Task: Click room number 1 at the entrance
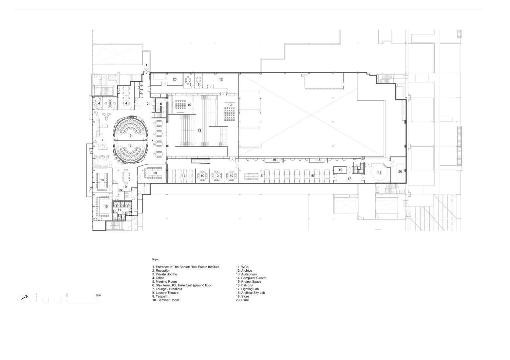tap(146, 65)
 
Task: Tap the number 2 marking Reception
tap(148, 104)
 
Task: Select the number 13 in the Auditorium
tap(199, 130)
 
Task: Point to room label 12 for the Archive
tap(221, 79)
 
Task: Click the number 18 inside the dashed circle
tap(379, 172)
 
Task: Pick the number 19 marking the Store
tap(340, 170)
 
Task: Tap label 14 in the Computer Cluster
tap(183, 176)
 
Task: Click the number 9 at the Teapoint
tap(125, 187)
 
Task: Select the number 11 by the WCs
tap(119, 210)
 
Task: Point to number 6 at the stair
tap(161, 104)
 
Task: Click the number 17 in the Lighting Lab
tap(349, 179)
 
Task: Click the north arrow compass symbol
tap(22, 298)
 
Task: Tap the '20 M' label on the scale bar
tap(98, 296)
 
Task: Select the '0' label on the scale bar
tap(36, 296)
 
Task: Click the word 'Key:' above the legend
tap(155, 260)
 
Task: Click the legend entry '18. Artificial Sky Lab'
tap(250, 293)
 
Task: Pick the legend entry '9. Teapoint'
tap(160, 297)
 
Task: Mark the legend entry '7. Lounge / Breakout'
tap(167, 289)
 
